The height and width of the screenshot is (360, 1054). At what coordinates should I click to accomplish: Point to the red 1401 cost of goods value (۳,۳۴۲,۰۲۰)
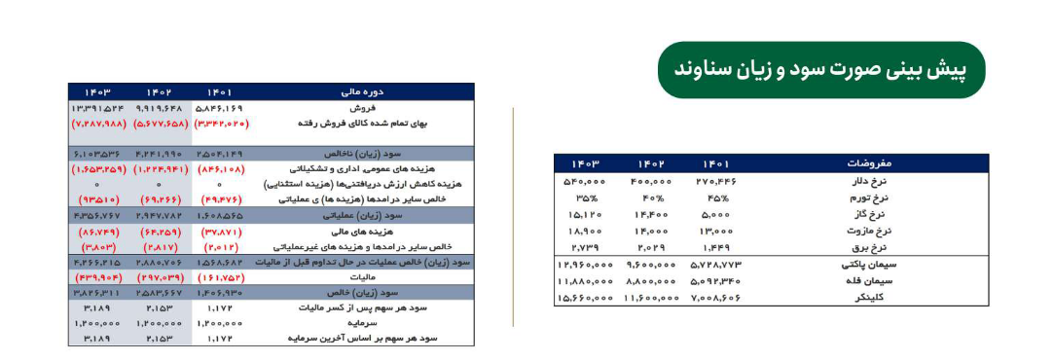(225, 124)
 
